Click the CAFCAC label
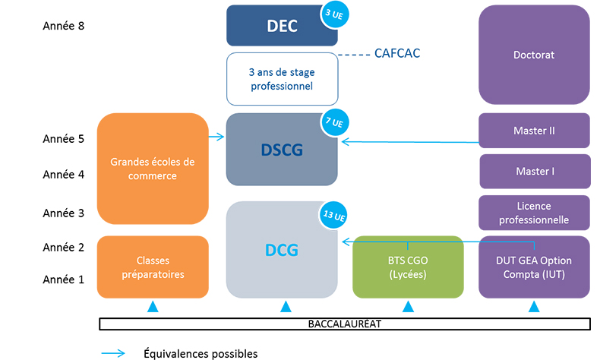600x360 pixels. [397, 54]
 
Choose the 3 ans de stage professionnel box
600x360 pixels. [281, 79]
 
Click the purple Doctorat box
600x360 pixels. [534, 55]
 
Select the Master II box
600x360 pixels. [534, 131]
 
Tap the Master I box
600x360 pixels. [534, 172]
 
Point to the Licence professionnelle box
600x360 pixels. [534, 213]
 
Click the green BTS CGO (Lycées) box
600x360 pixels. [408, 267]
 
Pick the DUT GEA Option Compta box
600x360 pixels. [534, 267]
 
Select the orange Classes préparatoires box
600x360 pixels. [153, 267]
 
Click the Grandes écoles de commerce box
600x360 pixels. [153, 169]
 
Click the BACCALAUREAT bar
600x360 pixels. [345, 324]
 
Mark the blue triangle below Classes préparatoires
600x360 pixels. [153, 307]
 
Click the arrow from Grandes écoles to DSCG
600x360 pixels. [217, 137]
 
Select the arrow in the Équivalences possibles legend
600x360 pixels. [114, 353]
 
